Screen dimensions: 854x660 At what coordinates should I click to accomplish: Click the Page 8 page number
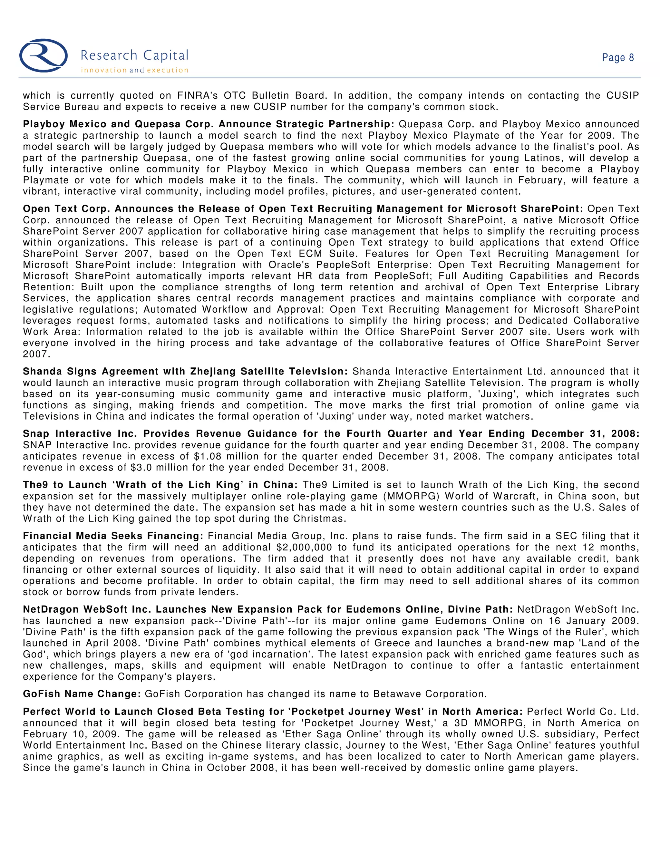pos(617,58)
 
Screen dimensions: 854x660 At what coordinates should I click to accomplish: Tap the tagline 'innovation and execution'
pos(134,70)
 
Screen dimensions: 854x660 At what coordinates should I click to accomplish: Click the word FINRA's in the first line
pos(198,96)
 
